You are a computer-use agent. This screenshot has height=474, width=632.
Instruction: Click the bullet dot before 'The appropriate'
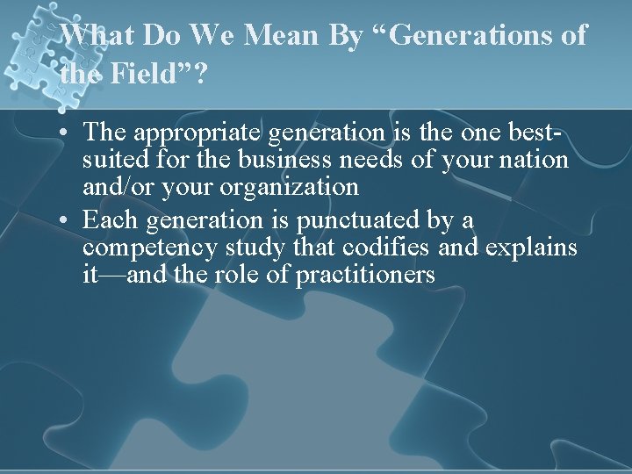click(x=67, y=133)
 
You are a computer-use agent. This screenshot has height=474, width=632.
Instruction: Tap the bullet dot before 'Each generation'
click(x=67, y=219)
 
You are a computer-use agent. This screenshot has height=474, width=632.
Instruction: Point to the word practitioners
click(x=365, y=275)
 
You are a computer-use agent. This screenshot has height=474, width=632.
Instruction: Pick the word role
click(x=247, y=275)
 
